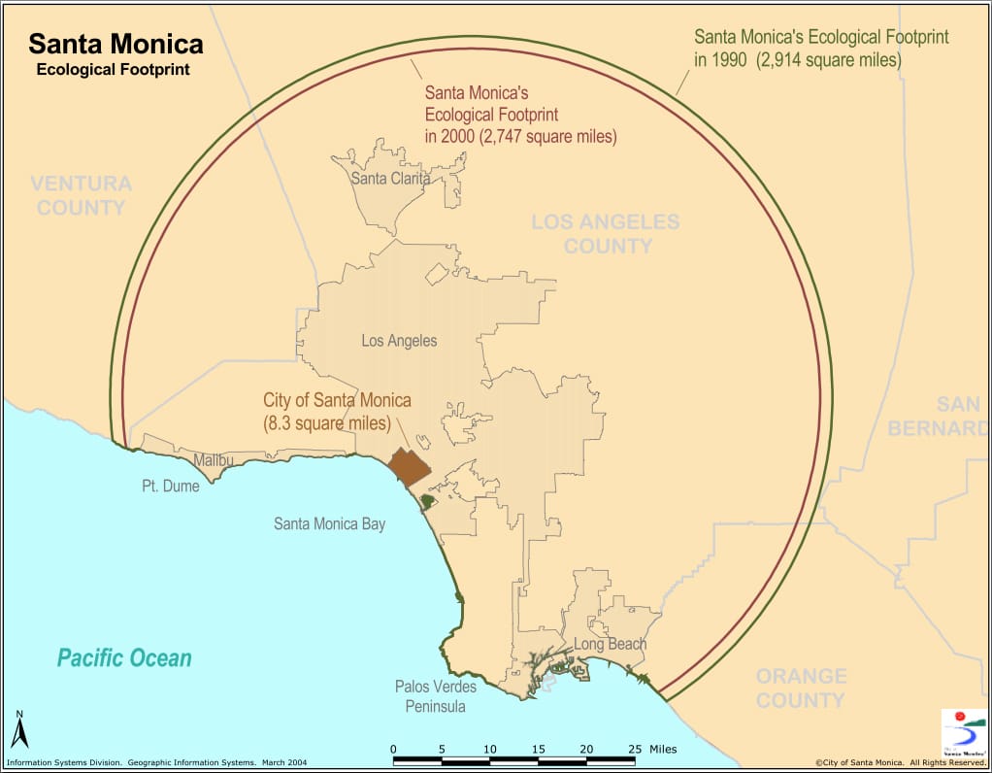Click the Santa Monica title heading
(116, 45)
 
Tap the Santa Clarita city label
(390, 178)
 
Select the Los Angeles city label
(399, 341)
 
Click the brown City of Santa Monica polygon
(409, 467)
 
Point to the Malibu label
(213, 460)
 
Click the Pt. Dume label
(170, 486)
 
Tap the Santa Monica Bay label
(329, 524)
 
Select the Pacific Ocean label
(124, 658)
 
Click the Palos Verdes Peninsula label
(436, 696)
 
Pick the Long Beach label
(610, 644)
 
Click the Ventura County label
(80, 195)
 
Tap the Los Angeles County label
(606, 234)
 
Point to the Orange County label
(801, 688)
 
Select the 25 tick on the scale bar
(635, 750)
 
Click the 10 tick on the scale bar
(489, 750)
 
